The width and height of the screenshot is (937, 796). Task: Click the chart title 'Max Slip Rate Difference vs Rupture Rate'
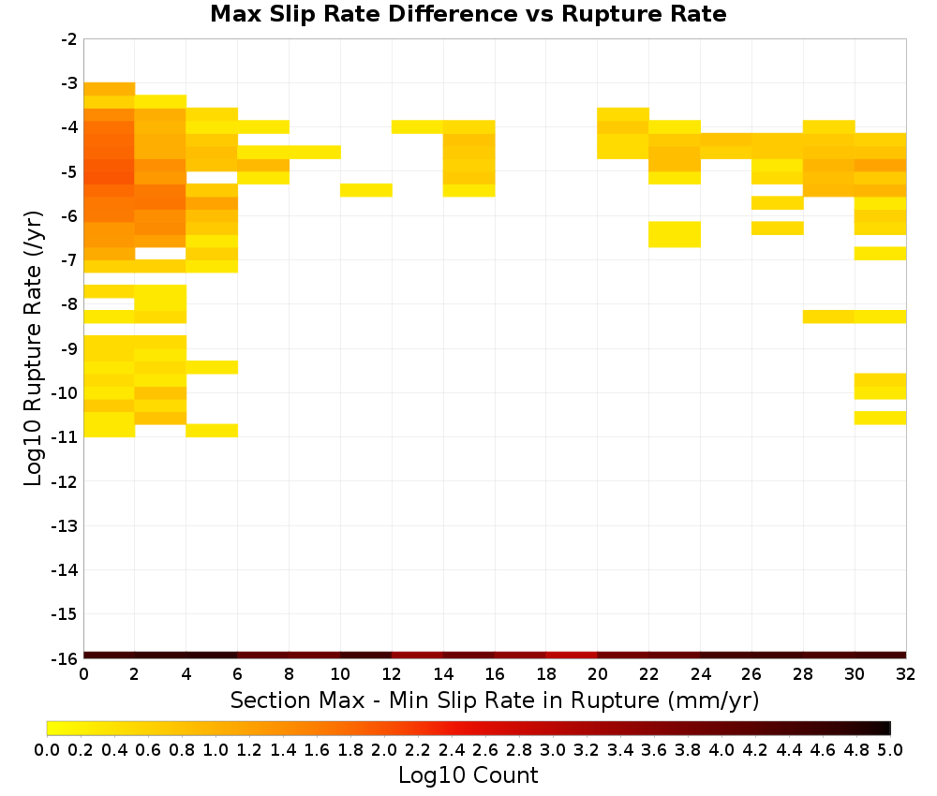point(468,14)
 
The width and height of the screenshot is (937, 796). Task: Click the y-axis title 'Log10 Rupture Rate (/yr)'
point(33,348)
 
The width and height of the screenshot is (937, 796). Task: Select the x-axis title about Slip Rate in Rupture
point(494,700)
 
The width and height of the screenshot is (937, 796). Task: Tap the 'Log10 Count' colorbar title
point(468,775)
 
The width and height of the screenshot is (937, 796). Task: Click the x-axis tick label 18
point(546,674)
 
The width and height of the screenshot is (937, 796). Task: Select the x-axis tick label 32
point(906,674)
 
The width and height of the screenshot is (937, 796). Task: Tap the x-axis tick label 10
point(341,674)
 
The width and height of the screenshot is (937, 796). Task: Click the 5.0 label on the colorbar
point(890,749)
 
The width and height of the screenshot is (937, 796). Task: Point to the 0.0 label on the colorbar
point(47,749)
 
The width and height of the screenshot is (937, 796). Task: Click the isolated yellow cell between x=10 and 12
point(366,190)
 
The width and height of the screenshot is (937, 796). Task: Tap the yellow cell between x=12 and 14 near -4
point(418,126)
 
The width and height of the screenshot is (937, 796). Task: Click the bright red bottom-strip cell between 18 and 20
point(572,656)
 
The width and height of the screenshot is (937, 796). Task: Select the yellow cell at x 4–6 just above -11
point(212,431)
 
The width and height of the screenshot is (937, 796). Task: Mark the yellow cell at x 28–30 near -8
point(829,317)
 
